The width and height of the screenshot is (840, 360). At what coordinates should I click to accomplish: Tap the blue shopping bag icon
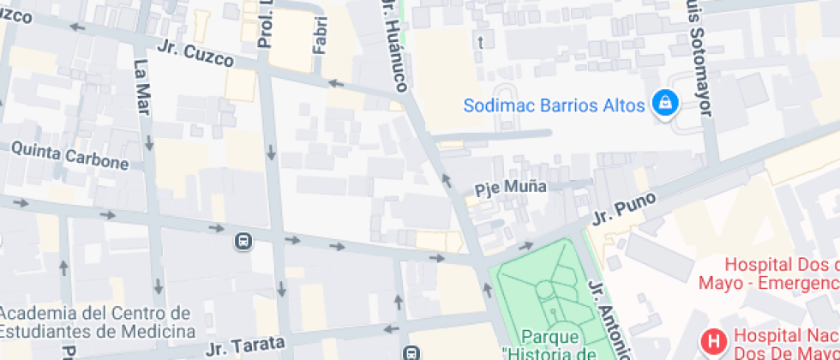tap(665, 105)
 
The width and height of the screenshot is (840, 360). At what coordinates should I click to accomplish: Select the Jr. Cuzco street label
tap(196, 52)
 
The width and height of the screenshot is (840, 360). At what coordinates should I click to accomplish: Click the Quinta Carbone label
tap(70, 156)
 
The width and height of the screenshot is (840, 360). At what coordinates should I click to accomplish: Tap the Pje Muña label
tap(510, 187)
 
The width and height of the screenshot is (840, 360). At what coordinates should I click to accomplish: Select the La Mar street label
tap(141, 85)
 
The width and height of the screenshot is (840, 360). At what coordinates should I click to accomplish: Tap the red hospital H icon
tap(712, 343)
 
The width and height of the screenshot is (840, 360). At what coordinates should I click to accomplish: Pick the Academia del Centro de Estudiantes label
tap(95, 321)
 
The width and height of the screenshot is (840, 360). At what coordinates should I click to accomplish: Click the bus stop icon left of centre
tap(243, 242)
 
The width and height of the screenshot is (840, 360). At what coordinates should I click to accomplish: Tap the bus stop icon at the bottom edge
tap(412, 352)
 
